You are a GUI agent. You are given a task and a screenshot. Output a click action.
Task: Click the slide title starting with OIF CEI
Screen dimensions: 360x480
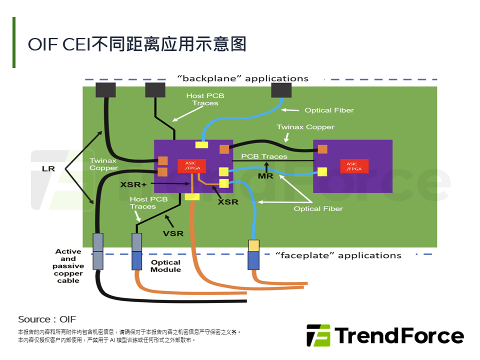pyautogui.click(x=137, y=44)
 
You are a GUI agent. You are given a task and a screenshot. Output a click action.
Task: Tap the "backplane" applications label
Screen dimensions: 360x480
pyautogui.click(x=243, y=78)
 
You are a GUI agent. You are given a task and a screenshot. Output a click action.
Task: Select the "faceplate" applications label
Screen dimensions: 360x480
pyautogui.click(x=338, y=255)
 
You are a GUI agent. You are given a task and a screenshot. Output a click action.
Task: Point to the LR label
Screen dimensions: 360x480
pyautogui.click(x=48, y=169)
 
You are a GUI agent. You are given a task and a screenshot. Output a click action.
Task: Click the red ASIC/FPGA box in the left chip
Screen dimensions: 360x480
pyautogui.click(x=191, y=166)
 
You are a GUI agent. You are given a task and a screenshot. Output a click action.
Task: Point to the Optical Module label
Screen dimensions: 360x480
pyautogui.click(x=165, y=265)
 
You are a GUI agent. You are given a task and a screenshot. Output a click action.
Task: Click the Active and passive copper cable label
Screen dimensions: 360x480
pyautogui.click(x=68, y=266)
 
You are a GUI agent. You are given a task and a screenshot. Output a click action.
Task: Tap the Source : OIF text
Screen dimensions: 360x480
pyautogui.click(x=47, y=319)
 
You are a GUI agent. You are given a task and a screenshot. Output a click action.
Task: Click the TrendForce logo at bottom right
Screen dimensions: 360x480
pyautogui.click(x=385, y=335)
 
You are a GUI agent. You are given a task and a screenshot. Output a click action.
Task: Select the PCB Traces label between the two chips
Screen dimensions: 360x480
pyautogui.click(x=264, y=156)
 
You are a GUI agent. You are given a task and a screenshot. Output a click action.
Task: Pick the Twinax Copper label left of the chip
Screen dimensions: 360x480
pyautogui.click(x=103, y=164)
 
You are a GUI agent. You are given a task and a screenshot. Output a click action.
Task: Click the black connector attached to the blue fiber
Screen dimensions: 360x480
pyautogui.click(x=280, y=90)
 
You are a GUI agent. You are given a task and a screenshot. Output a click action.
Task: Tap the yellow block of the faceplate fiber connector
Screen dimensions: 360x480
pyautogui.click(x=254, y=245)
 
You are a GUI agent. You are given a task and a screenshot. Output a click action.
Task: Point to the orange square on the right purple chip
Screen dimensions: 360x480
pyautogui.click(x=322, y=148)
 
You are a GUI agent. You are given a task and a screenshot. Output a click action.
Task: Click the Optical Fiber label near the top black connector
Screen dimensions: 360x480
pyautogui.click(x=329, y=110)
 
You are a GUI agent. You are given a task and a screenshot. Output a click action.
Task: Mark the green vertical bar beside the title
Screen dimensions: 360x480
pyautogui.click(x=14, y=42)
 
